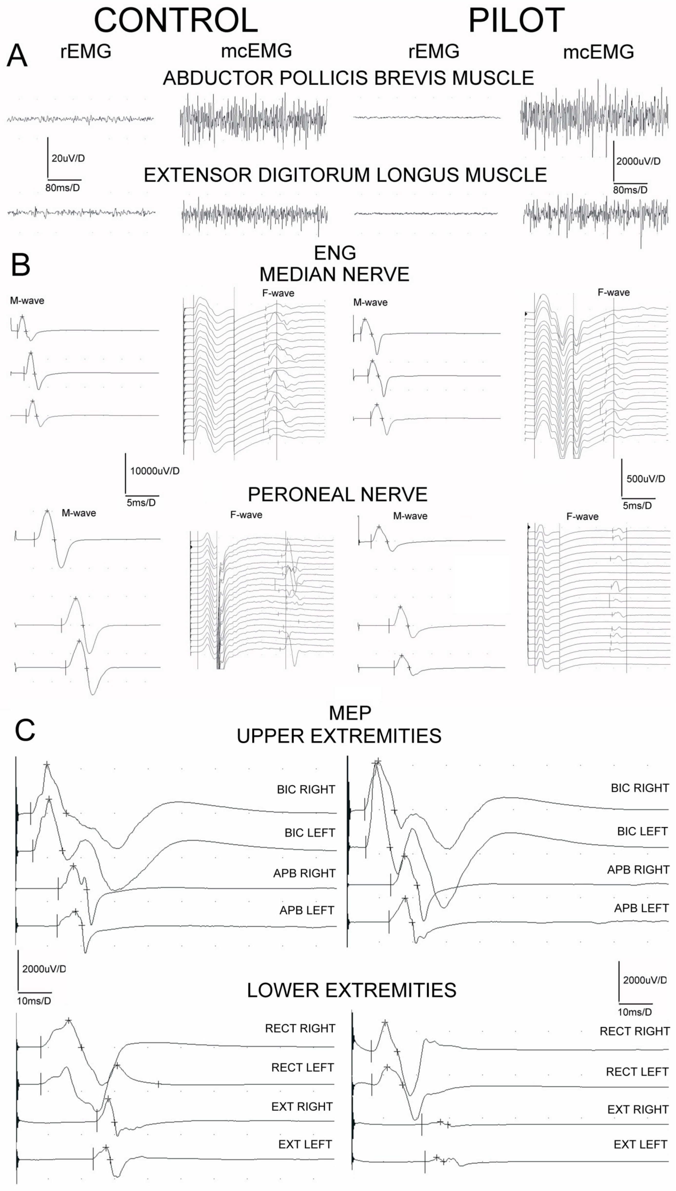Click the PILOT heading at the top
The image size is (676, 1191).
(516, 20)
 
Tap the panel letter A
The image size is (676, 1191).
(17, 57)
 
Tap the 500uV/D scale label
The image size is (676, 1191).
(645, 479)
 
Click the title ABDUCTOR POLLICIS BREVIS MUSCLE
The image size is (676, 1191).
(348, 78)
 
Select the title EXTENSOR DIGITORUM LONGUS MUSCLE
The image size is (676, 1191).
(345, 175)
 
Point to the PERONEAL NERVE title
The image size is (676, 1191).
(338, 495)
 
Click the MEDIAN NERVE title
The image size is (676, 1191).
(334, 275)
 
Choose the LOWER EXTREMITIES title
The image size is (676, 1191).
(351, 990)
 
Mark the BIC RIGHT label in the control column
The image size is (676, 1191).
(306, 790)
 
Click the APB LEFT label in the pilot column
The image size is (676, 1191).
(641, 908)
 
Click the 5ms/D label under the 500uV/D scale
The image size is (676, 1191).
(637, 505)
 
